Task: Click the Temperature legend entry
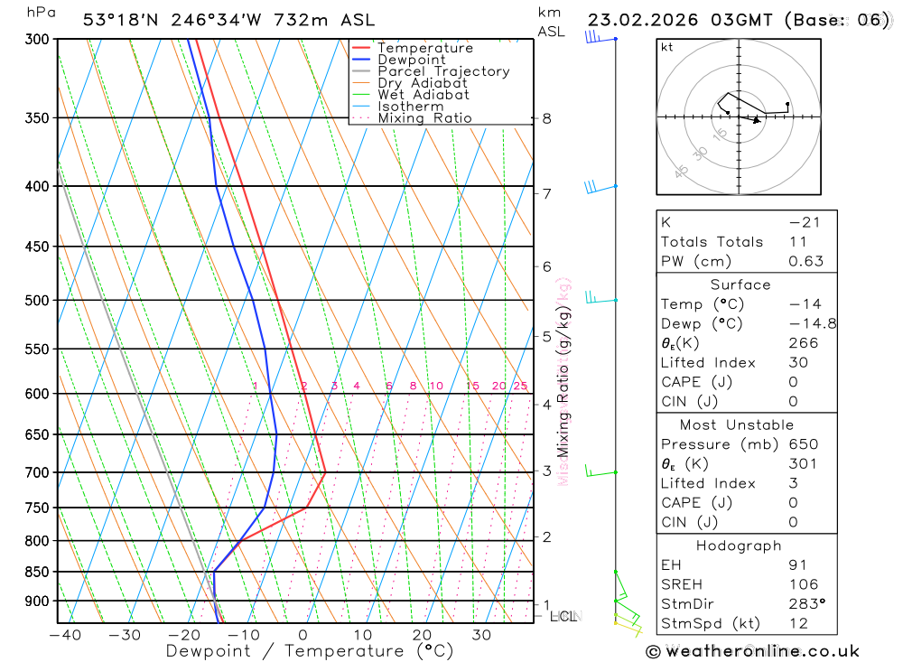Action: click(424, 48)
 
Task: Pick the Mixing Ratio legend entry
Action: click(424, 118)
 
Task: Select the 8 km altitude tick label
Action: click(546, 118)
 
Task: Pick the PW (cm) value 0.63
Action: click(805, 261)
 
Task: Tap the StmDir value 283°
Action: click(805, 604)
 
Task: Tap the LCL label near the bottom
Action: click(563, 616)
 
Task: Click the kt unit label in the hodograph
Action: click(666, 47)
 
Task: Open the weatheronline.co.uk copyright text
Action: click(752, 651)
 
